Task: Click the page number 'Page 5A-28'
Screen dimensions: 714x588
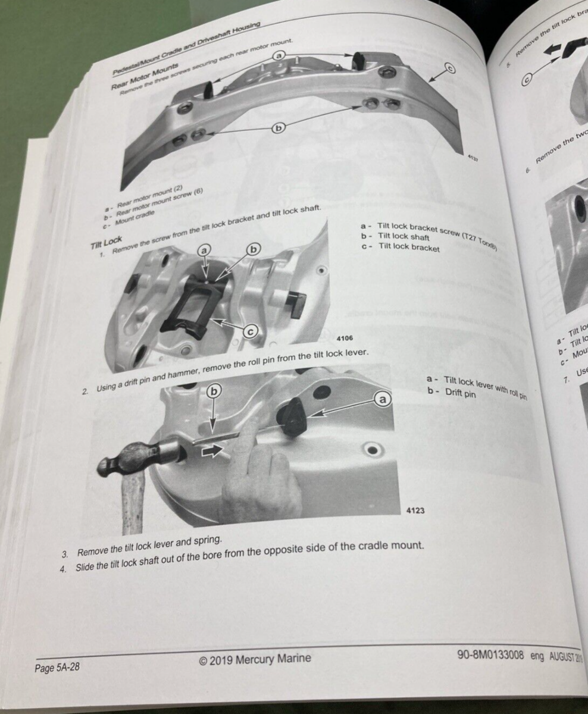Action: pos(57,667)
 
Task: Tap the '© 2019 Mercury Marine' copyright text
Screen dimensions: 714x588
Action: pos(255,659)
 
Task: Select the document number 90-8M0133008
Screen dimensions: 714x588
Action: pos(491,655)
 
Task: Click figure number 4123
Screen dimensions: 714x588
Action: pos(415,510)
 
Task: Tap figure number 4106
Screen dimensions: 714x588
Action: pos(345,338)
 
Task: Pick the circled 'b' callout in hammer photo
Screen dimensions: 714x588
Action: pos(214,391)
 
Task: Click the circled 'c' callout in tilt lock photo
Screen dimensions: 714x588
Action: pos(251,333)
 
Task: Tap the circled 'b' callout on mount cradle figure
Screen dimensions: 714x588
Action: pos(279,127)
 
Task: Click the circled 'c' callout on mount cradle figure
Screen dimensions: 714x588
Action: pos(449,68)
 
